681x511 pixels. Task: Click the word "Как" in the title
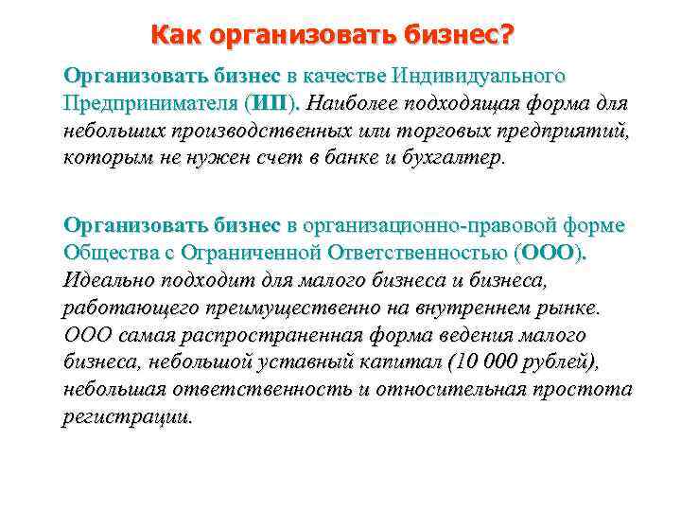[175, 37]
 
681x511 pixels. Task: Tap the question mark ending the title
[508, 37]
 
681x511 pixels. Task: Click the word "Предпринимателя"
[150, 101]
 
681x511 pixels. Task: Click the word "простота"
[584, 390]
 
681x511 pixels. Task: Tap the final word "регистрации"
[126, 417]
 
